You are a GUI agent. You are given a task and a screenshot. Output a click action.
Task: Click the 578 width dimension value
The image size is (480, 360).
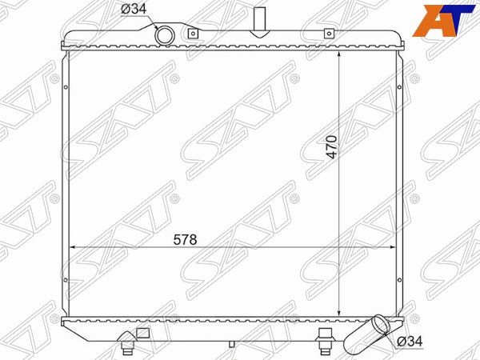(185, 240)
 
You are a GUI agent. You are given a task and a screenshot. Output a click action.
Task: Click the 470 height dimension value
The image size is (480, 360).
(332, 147)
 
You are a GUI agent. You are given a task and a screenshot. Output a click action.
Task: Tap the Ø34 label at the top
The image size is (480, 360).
(134, 9)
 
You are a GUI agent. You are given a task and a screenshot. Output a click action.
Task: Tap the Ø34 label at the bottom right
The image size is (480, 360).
(410, 341)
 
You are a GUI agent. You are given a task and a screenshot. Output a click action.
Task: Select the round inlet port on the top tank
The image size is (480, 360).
(165, 35)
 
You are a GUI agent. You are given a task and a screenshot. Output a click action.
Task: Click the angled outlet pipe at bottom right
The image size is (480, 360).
(366, 337)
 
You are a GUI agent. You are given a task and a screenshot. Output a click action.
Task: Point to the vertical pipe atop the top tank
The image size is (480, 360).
(259, 19)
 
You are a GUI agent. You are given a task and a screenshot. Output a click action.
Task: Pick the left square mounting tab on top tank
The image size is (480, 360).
(192, 34)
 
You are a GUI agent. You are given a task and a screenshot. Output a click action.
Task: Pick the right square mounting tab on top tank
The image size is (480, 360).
(329, 34)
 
